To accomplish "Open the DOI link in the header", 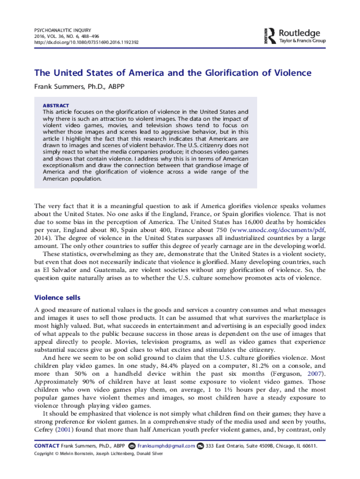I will pos(86,42).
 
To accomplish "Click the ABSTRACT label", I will pos(56,106).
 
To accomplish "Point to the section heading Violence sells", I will pos(58,298).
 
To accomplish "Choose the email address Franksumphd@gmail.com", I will pos(166,446).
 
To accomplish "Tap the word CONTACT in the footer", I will pos(47,446).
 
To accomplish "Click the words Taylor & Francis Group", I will pos(302,41).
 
